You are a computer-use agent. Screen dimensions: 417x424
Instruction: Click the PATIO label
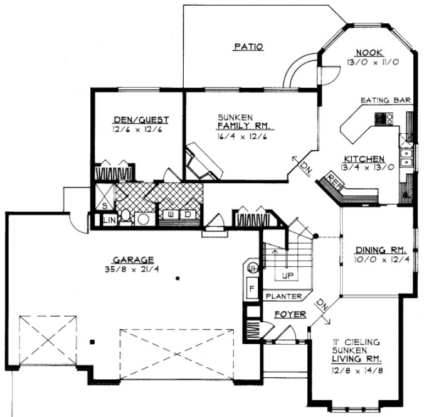[x=248, y=46]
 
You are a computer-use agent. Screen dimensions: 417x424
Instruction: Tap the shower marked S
[x=103, y=205]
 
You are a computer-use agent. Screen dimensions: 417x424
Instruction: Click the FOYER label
[x=289, y=314]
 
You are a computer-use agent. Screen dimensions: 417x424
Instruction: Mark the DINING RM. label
[x=376, y=248]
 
